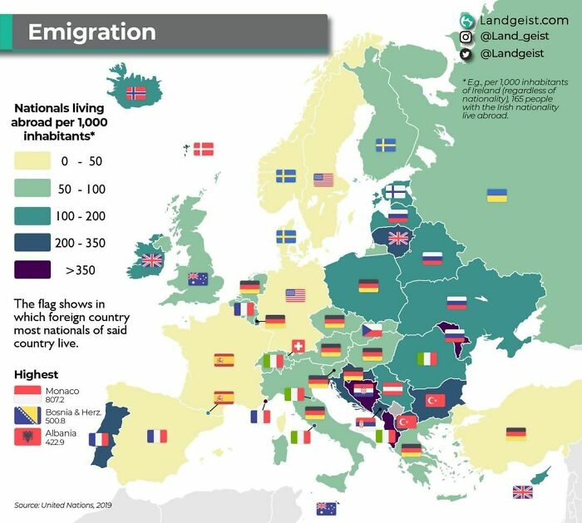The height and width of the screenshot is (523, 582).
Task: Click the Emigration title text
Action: click(91, 32)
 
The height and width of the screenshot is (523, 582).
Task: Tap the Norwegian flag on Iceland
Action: click(135, 93)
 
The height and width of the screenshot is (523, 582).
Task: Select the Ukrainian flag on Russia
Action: click(497, 195)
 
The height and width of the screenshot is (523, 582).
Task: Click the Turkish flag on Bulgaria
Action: click(436, 400)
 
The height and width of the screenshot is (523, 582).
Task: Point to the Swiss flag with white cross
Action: click(298, 345)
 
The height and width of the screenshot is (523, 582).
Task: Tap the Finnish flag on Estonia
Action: click(395, 192)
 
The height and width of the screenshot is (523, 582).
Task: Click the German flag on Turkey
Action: click(516, 433)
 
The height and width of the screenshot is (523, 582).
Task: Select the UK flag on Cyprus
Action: click(522, 491)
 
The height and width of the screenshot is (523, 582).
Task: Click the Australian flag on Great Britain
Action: click(198, 279)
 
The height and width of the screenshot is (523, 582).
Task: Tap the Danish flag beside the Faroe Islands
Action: click(204, 150)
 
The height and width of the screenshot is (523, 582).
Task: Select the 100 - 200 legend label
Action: click(81, 215)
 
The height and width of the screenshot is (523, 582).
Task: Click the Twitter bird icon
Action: click(466, 54)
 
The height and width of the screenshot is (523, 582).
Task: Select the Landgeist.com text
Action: click(524, 19)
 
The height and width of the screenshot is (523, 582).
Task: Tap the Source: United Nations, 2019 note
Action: click(63, 505)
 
